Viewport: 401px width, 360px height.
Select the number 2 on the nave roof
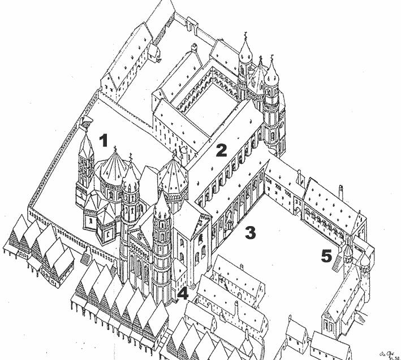[x=221, y=150]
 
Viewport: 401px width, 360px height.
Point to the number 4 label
[x=183, y=293]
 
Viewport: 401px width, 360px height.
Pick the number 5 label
[x=326, y=256]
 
